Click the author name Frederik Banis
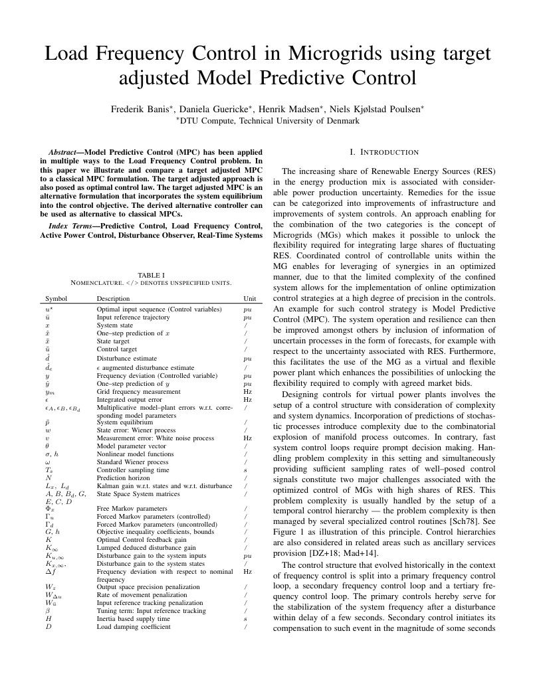click(x=142, y=108)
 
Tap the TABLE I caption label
click(x=151, y=275)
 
